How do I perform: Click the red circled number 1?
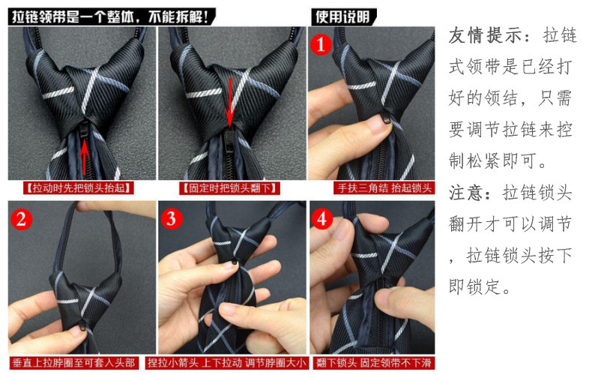click(x=321, y=45)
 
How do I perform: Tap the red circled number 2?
click(x=21, y=219)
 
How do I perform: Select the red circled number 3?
click(x=171, y=219)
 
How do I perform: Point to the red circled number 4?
click(x=321, y=219)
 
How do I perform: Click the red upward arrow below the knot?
click(x=85, y=154)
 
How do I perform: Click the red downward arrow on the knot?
click(x=229, y=102)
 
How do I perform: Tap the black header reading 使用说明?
click(x=343, y=17)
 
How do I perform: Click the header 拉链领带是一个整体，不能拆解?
click(x=111, y=17)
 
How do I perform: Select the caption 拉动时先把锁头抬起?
click(x=79, y=188)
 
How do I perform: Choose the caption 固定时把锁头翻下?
click(x=229, y=188)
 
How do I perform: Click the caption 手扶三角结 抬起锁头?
click(x=384, y=188)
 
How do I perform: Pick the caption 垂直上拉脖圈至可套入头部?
click(x=73, y=363)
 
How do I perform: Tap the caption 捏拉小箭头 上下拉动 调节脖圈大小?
click(x=226, y=363)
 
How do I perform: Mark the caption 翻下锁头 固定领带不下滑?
click(x=373, y=363)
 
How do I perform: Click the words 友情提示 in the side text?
click(x=485, y=35)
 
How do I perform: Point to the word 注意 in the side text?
click(x=467, y=193)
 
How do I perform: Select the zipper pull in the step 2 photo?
click(x=82, y=324)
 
